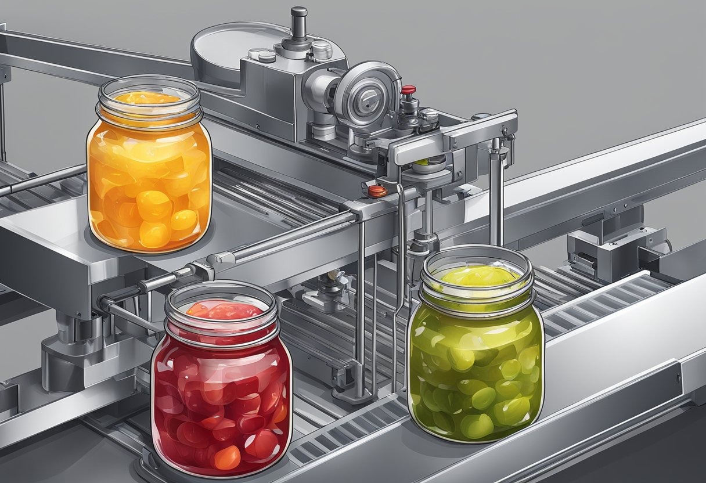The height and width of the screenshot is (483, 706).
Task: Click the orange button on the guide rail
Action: click(377, 190)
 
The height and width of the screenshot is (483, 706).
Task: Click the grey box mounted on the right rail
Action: click(615, 244)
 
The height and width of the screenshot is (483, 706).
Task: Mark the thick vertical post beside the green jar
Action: click(496, 192)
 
